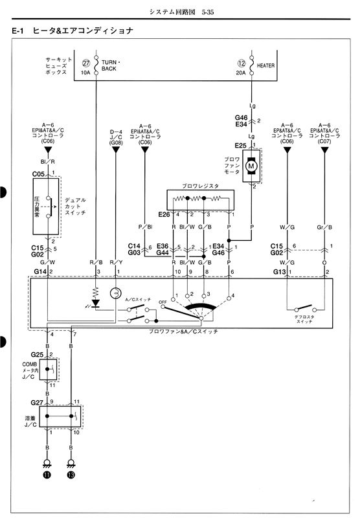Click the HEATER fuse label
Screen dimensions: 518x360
pyautogui.click(x=266, y=65)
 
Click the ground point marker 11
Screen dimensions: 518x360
pyautogui.click(x=47, y=475)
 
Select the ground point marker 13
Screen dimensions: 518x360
pyautogui.click(x=71, y=475)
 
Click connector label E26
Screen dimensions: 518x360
pyautogui.click(x=163, y=214)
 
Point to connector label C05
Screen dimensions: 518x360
pyautogui.click(x=38, y=174)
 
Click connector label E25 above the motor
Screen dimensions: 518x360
pyautogui.click(x=240, y=145)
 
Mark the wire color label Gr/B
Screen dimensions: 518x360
pyautogui.click(x=324, y=227)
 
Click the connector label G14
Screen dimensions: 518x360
pyautogui.click(x=40, y=271)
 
